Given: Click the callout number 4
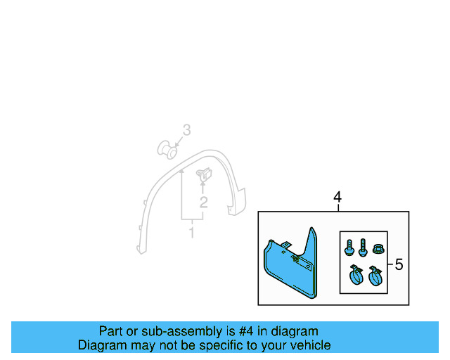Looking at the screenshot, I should (x=337, y=198).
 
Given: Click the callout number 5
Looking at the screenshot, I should (x=399, y=265).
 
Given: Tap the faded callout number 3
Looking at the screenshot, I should (x=186, y=130).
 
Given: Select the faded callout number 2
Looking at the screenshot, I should (x=203, y=203).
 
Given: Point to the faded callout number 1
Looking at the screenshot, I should (x=191, y=231).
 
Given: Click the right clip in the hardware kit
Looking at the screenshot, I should (x=375, y=275).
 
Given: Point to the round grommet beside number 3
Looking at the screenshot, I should (x=166, y=148).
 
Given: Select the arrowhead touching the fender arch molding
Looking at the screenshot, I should (x=182, y=171).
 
